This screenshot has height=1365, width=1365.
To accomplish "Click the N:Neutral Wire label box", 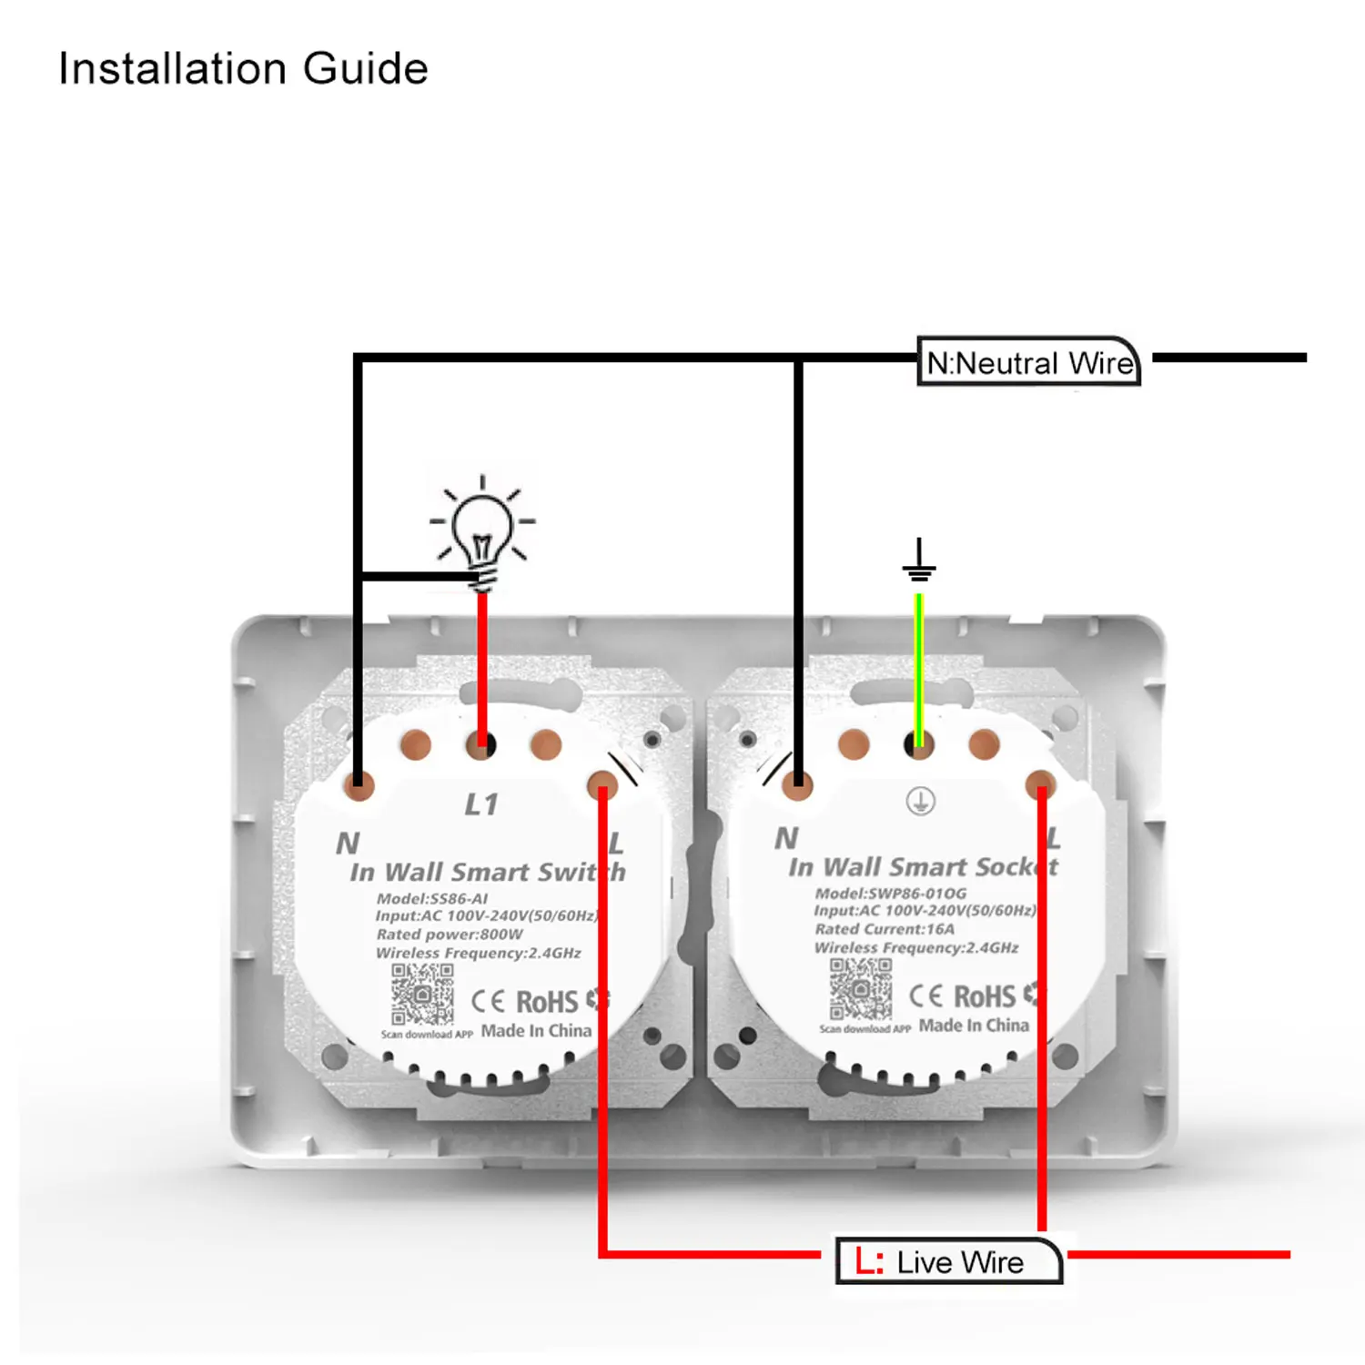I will (1029, 362).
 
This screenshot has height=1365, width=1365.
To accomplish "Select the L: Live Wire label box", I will (949, 1261).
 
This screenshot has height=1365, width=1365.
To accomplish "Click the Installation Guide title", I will (243, 68).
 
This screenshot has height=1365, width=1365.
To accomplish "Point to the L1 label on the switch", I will (481, 804).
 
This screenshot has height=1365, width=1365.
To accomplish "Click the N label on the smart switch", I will (348, 844).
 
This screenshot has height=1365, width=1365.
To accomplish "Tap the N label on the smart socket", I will (786, 838).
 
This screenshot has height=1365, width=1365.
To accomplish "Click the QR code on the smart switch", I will (422, 994).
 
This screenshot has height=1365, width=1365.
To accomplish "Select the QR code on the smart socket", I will (861, 988).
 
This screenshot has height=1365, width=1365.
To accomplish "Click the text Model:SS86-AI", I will (432, 898).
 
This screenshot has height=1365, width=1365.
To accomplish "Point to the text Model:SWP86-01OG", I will (890, 893).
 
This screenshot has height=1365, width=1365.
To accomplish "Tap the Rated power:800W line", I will (450, 935).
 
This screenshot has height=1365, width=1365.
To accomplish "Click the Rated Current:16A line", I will (885, 929).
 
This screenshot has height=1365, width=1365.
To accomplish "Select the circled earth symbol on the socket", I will (920, 802).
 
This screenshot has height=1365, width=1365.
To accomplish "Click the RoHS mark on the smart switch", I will (547, 1002).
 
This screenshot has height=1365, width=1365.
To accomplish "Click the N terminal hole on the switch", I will (359, 784).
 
